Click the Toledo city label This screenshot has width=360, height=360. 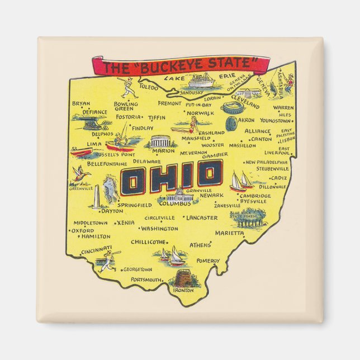pyautogui.click(x=149, y=87)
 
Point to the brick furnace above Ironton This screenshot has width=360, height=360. pyautogui.click(x=183, y=277)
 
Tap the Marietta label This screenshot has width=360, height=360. pyautogui.click(x=230, y=233)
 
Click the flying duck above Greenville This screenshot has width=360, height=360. pyautogui.click(x=83, y=174)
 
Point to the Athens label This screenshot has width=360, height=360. pyautogui.click(x=200, y=245)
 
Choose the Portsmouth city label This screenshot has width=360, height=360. pyautogui.click(x=146, y=279)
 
